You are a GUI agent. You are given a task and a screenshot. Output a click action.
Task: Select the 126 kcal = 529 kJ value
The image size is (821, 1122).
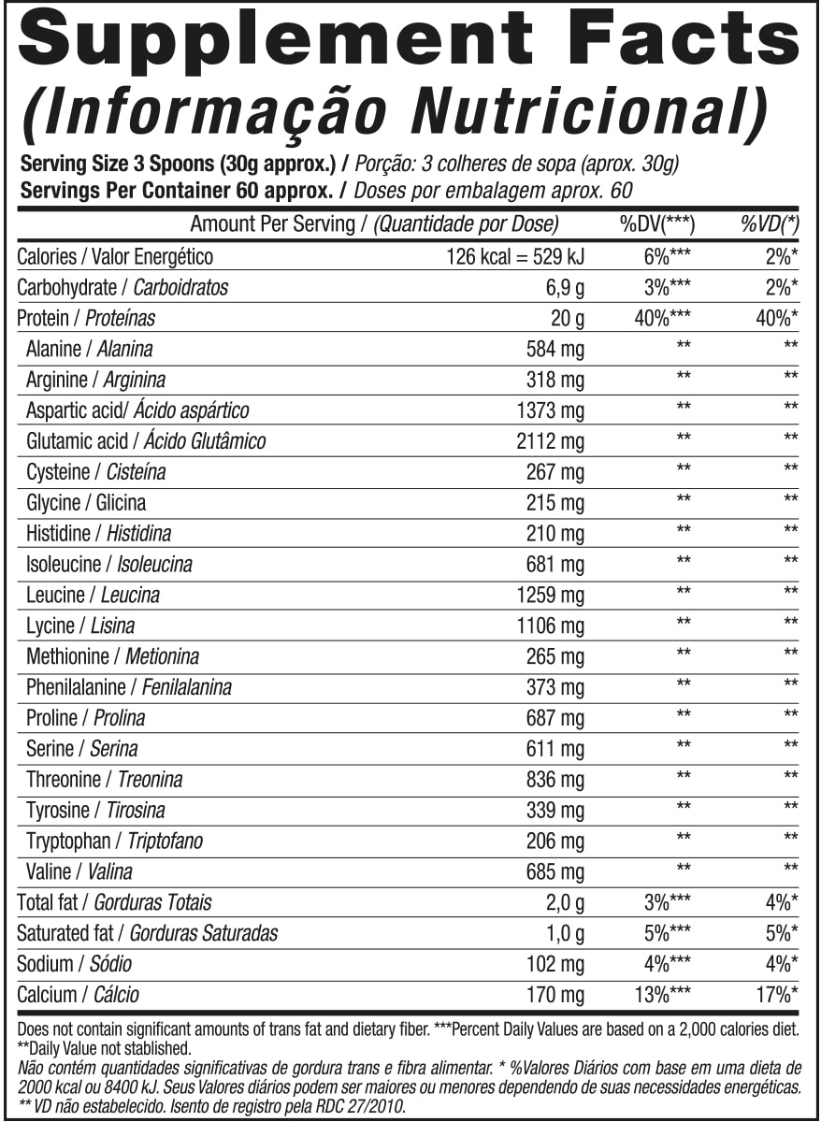coord(515,257)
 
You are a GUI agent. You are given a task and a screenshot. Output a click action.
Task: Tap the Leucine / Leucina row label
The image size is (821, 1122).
coord(93,595)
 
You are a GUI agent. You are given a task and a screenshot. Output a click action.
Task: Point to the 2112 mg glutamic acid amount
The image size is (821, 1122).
coord(550,441)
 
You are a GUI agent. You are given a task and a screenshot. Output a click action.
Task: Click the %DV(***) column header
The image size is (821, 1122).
coord(664,224)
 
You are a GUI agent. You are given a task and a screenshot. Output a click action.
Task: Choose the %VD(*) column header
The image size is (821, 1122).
coord(769,224)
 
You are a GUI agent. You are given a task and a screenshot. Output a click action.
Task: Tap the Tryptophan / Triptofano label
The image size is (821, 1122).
coord(114,841)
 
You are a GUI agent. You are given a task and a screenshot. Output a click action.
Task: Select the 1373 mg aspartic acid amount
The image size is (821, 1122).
coord(550,410)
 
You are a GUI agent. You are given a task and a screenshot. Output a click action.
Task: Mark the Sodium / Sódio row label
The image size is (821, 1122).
coord(75,964)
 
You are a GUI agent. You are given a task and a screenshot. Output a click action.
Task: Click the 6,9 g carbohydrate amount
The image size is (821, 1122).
coord(564,288)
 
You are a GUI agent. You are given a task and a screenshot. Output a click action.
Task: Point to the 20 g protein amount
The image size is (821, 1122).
coord(568,319)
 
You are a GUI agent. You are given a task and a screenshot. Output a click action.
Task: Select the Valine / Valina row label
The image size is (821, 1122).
coord(79,872)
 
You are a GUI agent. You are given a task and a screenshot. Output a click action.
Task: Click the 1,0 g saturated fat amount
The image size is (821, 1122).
coord(565,933)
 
